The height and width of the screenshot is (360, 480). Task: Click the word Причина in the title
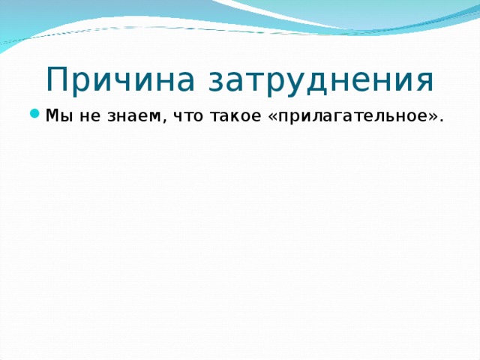coord(120,79)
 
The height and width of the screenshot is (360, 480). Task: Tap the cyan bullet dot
coord(35,114)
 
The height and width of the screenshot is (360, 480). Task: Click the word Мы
coord(59,115)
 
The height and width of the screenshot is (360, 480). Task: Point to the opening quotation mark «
coord(272,117)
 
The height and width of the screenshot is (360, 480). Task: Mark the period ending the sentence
coord(441,120)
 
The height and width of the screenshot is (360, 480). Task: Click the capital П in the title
coord(57,79)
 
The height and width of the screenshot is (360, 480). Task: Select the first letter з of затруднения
coord(217,82)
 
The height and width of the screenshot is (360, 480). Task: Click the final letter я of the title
coord(424,82)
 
